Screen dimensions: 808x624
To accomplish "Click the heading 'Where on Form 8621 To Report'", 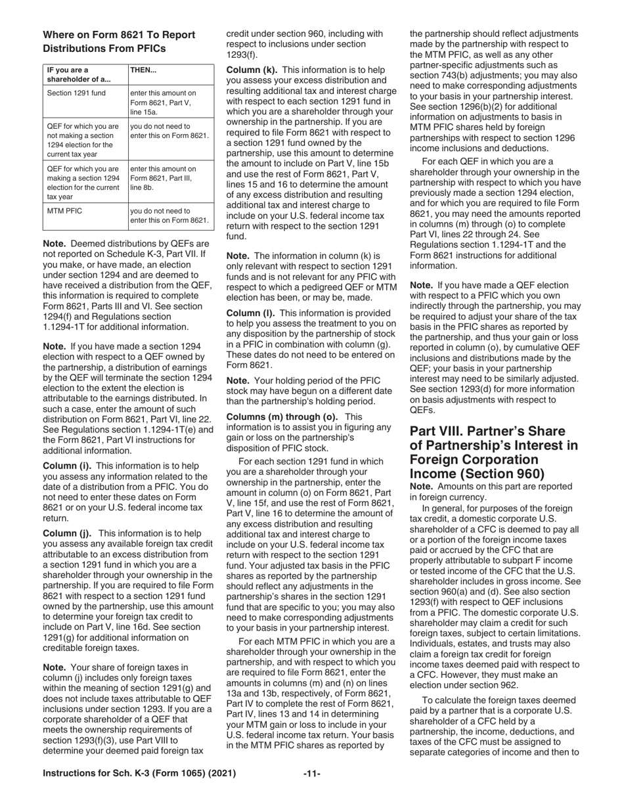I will pos(118,35).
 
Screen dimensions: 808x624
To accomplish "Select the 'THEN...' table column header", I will pos(143,70).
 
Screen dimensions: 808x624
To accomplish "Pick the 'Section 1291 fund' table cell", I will pos(76,93).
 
